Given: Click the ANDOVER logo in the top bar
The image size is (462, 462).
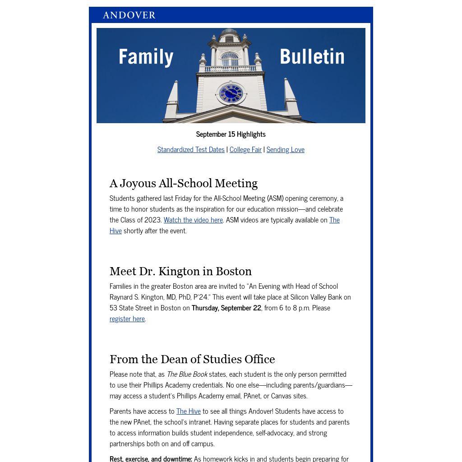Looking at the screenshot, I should point(129,15).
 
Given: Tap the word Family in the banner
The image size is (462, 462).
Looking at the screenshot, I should point(146,57).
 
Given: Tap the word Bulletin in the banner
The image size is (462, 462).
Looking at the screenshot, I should point(312,57).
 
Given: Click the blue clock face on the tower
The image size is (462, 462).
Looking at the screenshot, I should point(231,93).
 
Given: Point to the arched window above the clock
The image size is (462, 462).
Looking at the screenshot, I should point(230,59).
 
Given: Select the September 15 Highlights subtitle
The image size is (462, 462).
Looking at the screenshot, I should point(231,134).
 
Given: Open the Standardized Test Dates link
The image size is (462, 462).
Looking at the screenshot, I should point(191,149).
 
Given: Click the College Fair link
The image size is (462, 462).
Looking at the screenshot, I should point(245,149).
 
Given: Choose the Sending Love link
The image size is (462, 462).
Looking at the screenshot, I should point(285,149).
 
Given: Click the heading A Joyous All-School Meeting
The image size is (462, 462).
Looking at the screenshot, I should point(184,183).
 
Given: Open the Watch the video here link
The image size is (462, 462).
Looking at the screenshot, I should point(193,220).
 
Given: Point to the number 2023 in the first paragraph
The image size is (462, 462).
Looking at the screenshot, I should point(153,220).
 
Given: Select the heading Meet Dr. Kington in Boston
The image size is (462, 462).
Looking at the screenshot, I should point(180,271).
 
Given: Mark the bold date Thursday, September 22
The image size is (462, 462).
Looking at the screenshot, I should point(226,308).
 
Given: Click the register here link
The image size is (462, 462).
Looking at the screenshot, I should point(127,319).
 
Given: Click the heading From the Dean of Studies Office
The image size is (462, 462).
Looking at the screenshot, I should point(192,359).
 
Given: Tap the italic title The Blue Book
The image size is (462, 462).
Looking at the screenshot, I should point(187,374).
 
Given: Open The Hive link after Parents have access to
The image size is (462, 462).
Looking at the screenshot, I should point(189,411).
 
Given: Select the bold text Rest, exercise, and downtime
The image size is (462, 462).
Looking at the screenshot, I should point(151,458).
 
